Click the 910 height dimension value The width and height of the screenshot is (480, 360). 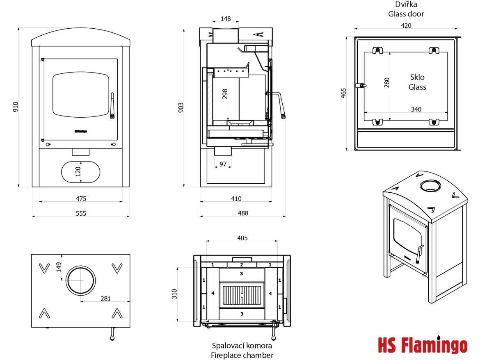coord(16,107)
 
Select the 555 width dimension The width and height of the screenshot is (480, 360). coord(81,213)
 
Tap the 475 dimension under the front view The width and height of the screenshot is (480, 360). coord(81,199)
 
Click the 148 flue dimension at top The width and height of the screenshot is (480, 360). coord(225,18)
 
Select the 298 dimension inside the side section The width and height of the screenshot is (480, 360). coord(224,94)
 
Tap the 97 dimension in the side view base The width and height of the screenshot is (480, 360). coord(223,164)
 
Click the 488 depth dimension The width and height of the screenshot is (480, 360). coord(243,213)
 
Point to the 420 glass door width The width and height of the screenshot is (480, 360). coord(406,25)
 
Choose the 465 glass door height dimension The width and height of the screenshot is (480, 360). coord(344,93)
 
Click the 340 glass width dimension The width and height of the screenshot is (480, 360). coord(416,109)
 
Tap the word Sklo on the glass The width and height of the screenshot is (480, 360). coord(417,77)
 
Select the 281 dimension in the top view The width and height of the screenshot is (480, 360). coord(105,298)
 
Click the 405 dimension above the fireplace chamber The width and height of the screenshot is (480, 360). coord(242,238)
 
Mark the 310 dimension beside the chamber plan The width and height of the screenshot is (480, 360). coord(174,294)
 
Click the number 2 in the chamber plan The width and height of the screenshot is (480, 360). coord(242,265)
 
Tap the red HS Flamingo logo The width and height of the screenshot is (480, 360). coord(422,345)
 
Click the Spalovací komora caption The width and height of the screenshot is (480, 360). coord(242,346)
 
